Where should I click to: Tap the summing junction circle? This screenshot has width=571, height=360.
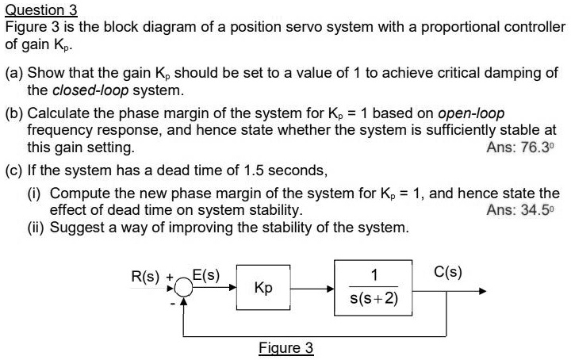184,289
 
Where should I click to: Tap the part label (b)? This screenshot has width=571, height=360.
14,113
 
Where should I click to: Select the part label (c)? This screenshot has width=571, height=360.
14,170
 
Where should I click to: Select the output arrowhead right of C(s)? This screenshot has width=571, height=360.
481,289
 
